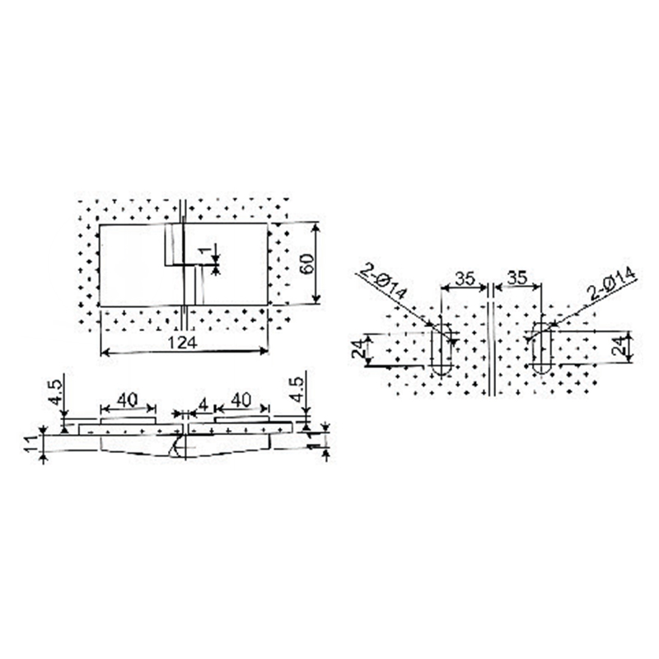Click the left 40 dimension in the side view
click(126, 399)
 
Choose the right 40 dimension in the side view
click(241, 399)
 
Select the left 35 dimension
click(465, 278)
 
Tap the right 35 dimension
click(517, 278)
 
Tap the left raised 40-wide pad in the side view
click(126, 420)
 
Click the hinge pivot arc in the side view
click(175, 448)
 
